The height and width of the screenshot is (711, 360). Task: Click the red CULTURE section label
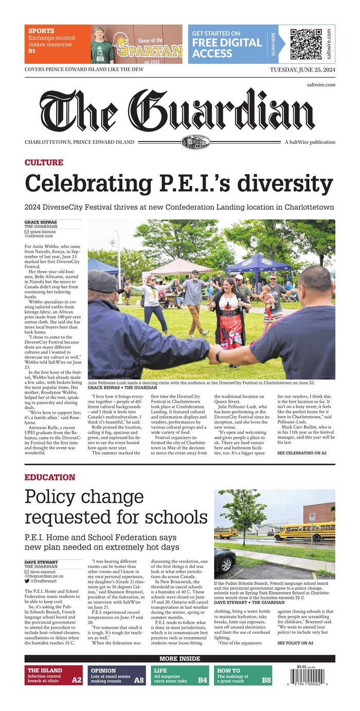pyautogui.click(x=44, y=163)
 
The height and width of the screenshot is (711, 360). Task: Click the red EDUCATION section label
pyautogui.click(x=49, y=477)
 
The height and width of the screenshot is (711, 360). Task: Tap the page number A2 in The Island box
pyautogui.click(x=76, y=680)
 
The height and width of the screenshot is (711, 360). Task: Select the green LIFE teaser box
pyautogui.click(x=180, y=676)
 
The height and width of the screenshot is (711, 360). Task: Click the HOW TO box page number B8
pyautogui.click(x=266, y=680)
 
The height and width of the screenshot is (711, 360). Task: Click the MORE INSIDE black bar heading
pyautogui.click(x=179, y=659)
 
